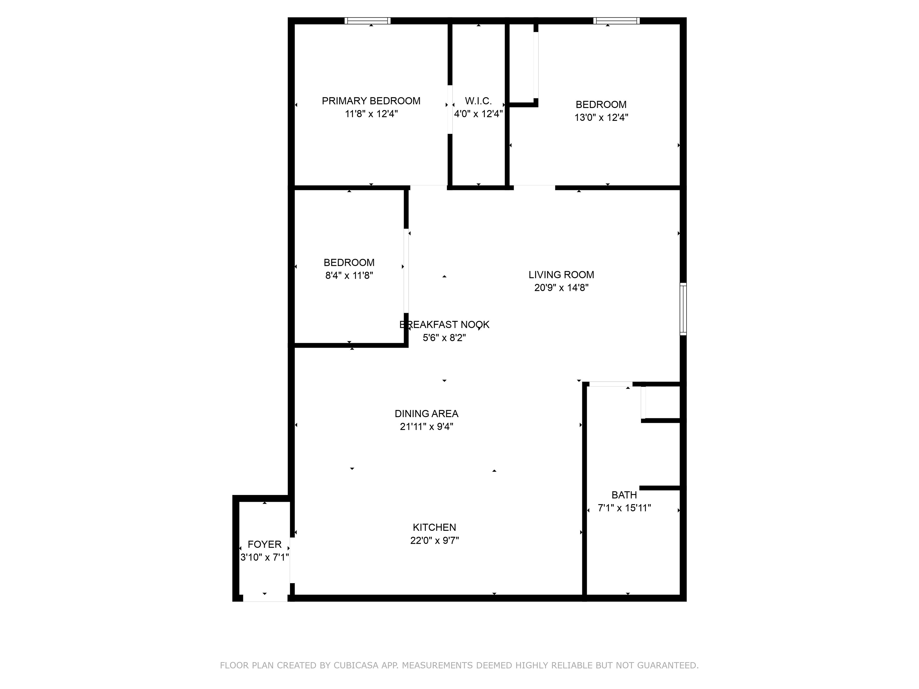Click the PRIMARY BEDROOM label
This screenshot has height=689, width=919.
(x=371, y=101)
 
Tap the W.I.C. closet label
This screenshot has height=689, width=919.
(x=478, y=101)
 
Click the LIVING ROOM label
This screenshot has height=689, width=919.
(x=561, y=275)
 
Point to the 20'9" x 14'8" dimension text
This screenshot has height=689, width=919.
(x=561, y=287)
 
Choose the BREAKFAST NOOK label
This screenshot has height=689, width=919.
(x=444, y=325)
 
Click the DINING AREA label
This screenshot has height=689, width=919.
(x=426, y=414)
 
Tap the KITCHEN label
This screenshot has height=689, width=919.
(x=434, y=528)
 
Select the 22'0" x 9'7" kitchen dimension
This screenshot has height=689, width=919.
(x=434, y=540)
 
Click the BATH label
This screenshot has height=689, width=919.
(x=624, y=495)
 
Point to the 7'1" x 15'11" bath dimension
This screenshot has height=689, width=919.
(x=624, y=508)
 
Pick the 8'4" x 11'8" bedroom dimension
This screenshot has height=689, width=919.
(x=349, y=275)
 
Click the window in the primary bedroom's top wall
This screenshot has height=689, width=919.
(x=367, y=21)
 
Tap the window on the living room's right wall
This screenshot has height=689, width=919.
(x=683, y=309)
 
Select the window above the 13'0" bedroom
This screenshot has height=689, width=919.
(x=616, y=21)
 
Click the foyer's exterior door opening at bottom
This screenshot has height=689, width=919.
(x=265, y=598)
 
